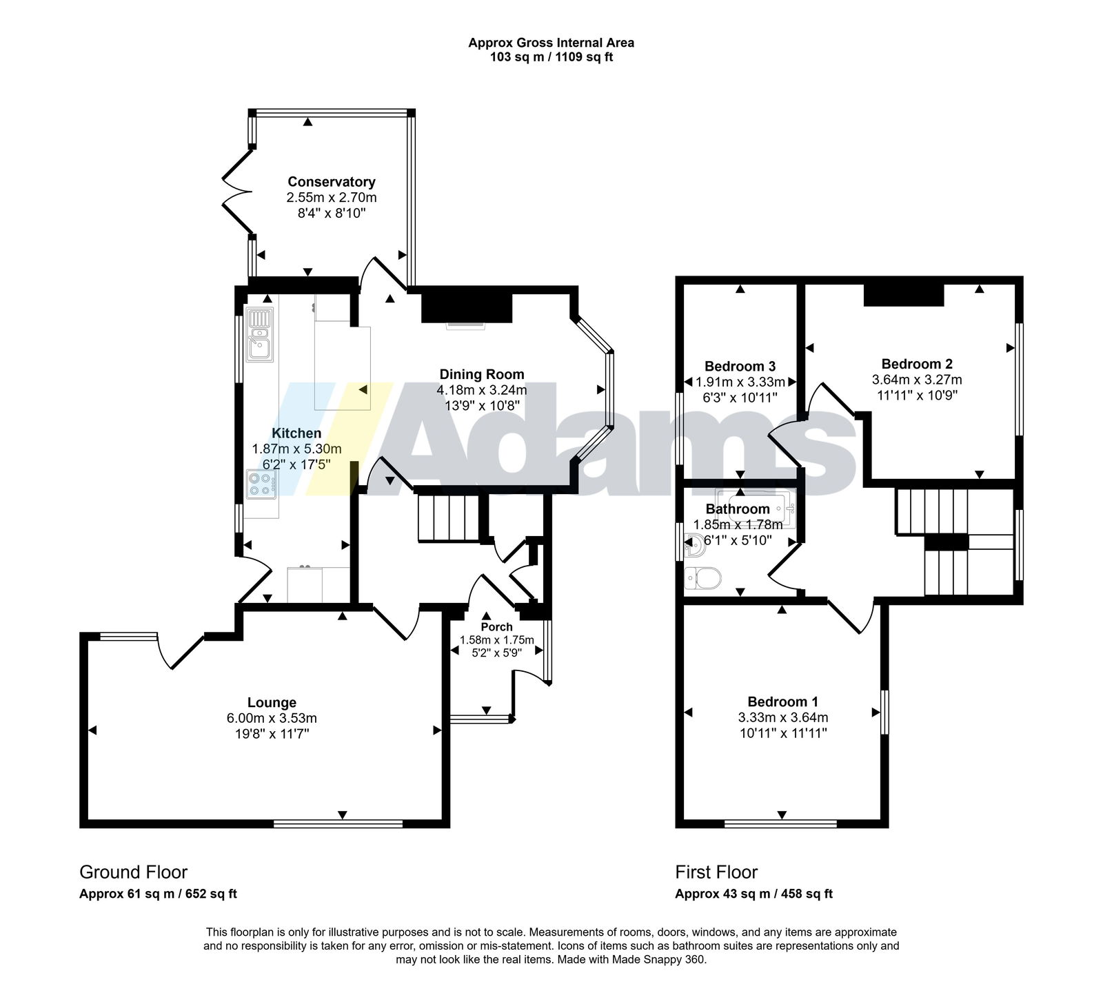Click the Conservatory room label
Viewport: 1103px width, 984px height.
[x=332, y=182]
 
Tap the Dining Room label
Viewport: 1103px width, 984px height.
[x=482, y=374]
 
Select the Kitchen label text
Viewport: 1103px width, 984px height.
[x=296, y=433]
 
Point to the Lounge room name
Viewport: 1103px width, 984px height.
[x=272, y=703]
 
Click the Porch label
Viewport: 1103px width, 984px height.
[x=497, y=627]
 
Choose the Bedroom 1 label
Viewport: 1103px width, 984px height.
[x=783, y=702]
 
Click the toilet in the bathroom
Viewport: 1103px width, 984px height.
[x=702, y=577]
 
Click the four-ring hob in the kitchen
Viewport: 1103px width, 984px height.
[x=261, y=484]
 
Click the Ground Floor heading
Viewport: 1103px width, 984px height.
[x=134, y=872]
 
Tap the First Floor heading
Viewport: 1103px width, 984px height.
[x=716, y=872]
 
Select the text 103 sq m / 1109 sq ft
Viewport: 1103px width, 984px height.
[x=551, y=57]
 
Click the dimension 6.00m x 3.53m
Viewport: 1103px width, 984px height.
[x=272, y=718]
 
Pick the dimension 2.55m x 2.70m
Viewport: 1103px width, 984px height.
[x=332, y=198]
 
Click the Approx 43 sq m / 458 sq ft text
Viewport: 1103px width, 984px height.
[x=754, y=894]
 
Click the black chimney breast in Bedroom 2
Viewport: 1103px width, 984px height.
[x=904, y=294]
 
